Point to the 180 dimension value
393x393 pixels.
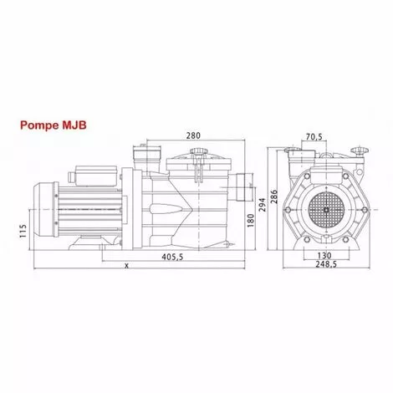[252, 221]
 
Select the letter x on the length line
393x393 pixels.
[125, 266]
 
